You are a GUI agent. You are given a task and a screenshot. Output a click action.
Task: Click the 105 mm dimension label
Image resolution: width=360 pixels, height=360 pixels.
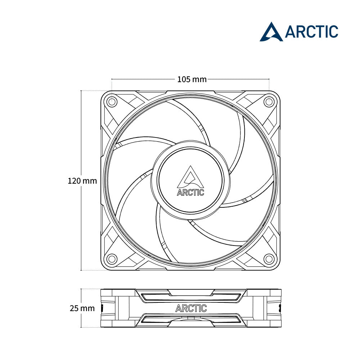tap(192, 80)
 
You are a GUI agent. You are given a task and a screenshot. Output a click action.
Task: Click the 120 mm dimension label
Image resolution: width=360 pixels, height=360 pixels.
tap(82, 181)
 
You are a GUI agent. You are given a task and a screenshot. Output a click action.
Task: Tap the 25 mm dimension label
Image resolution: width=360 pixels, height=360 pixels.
tap(82, 308)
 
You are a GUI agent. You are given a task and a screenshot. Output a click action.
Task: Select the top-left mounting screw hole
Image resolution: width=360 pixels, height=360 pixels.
tap(112, 101)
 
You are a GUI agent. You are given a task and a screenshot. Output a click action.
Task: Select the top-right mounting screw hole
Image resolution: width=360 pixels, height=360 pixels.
tap(269, 101)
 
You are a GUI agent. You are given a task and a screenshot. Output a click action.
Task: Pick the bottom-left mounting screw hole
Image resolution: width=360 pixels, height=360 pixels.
tap(112, 259)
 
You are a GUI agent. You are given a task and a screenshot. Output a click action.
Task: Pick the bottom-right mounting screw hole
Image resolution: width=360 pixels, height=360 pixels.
tap(269, 259)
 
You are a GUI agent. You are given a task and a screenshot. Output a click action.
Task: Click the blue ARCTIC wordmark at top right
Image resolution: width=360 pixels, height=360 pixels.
tap(311, 32)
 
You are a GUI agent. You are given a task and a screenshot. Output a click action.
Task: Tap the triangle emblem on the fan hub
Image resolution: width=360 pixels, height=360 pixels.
tap(190, 177)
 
